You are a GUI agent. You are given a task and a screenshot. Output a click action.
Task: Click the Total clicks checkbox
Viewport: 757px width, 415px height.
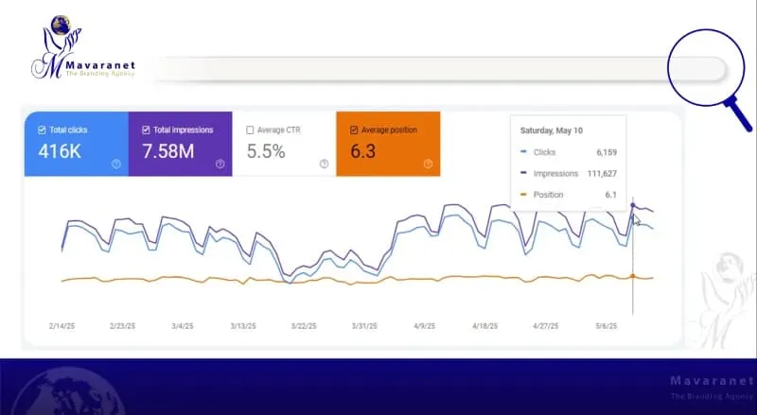click(x=42, y=130)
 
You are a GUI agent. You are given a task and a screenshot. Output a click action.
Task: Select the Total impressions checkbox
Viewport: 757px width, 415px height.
click(x=146, y=130)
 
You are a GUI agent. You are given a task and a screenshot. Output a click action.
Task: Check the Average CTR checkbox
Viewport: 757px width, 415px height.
click(x=250, y=130)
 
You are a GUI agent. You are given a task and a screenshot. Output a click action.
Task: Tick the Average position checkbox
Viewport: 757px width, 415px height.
click(x=354, y=130)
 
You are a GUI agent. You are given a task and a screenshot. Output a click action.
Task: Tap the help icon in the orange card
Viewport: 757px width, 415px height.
click(x=428, y=164)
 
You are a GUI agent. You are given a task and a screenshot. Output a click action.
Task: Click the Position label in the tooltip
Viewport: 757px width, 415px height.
click(x=548, y=195)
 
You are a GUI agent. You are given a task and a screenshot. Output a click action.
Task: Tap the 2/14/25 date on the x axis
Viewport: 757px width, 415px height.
click(x=63, y=325)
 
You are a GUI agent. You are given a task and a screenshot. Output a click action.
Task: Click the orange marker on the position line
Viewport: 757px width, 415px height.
click(x=632, y=276)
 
